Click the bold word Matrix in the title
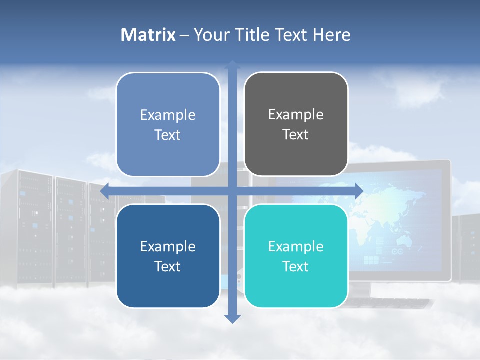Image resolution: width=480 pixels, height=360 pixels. pos(148,35)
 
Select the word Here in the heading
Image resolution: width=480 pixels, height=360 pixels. pos(331,35)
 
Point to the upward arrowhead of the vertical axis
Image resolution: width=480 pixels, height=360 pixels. pos(232,65)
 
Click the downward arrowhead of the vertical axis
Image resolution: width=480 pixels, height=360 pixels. pos(232,318)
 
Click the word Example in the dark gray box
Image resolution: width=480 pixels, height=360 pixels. pos(296,115)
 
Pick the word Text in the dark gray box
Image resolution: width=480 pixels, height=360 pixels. pos(296,135)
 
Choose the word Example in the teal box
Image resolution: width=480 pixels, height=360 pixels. pos(296,246)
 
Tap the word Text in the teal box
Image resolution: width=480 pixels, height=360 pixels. pos(296,267)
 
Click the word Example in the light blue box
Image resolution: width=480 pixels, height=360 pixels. pos(168,115)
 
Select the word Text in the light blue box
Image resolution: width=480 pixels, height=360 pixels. pos(168,135)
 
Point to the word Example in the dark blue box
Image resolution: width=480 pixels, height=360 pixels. pos(168,246)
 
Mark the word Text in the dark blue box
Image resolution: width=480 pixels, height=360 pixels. pos(168,267)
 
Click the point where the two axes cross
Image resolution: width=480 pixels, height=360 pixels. pos(232,191)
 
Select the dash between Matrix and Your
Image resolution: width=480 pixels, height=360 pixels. pos(184,35)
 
